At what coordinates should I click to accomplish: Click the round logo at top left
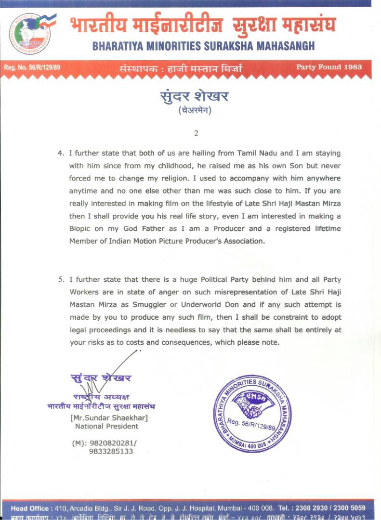[31, 33]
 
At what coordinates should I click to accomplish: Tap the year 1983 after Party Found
[353, 67]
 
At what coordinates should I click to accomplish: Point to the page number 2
[196, 133]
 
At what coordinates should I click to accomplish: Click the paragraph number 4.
[60, 154]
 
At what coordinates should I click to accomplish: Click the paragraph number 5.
[60, 280]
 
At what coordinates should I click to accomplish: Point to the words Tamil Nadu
[257, 154]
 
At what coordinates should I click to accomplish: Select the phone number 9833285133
[111, 452]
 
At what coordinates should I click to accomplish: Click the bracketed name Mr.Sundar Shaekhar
[109, 417]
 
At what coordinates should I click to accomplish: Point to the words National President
[106, 426]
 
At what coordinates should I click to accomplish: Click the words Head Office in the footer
[30, 508]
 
